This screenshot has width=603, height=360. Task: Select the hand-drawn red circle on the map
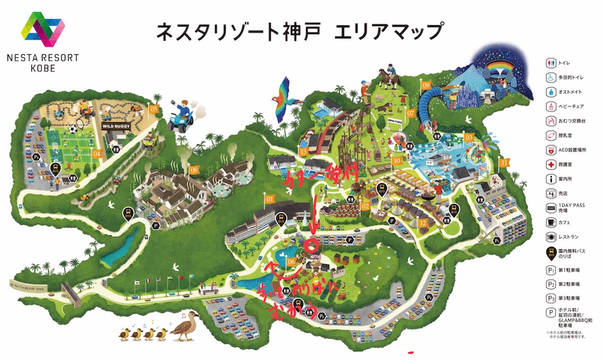click(313, 243)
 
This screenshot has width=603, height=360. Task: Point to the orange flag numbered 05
click(154, 109)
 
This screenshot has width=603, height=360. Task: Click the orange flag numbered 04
click(97, 154)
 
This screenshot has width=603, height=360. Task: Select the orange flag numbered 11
click(503, 163)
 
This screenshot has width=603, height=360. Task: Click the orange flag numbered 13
click(303, 152)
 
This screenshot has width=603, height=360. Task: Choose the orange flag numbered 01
click(271, 199)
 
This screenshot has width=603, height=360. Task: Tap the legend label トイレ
click(565, 62)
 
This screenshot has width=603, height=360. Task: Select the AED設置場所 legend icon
click(551, 149)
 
